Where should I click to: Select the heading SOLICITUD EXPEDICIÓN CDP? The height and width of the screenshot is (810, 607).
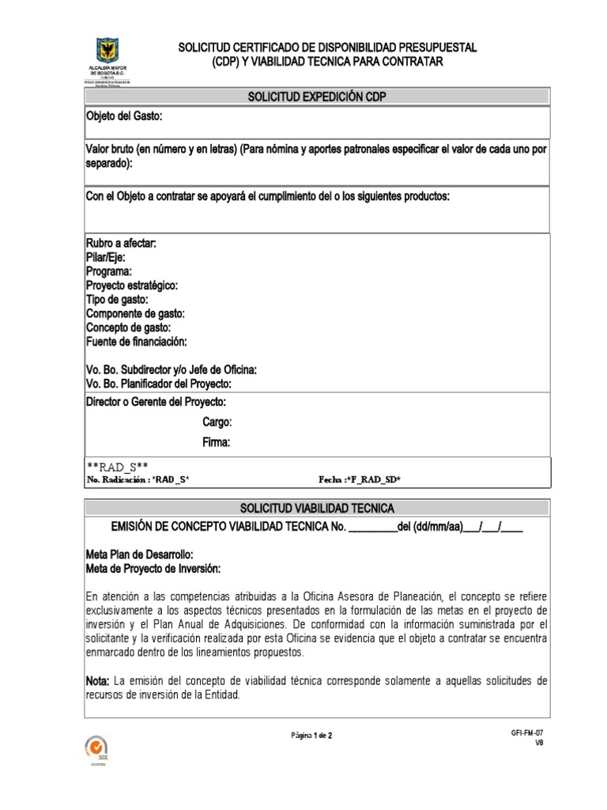316,97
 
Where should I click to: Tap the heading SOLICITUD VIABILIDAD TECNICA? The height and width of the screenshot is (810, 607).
316,507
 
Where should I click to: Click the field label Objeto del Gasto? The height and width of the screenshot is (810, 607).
124,116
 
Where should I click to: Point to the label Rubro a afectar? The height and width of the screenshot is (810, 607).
121,243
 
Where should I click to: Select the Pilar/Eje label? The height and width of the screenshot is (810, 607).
105,257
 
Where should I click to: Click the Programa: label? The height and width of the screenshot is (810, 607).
109,271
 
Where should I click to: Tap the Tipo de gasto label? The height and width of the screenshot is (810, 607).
117,299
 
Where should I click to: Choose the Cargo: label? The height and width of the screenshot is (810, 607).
217,422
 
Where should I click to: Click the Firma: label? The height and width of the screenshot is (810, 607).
217,442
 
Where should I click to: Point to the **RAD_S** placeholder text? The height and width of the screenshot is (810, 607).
119,467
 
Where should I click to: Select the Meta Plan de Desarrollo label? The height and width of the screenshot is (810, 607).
139,554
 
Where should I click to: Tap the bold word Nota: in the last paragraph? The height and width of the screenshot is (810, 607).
99,680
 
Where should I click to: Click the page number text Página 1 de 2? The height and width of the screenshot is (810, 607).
312,735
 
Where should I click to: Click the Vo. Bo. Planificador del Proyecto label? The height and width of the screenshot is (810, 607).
158,384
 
